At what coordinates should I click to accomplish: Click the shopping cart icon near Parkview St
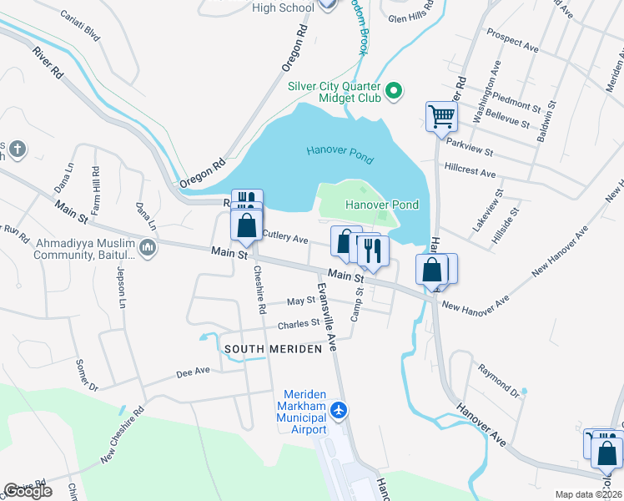coord(441,116)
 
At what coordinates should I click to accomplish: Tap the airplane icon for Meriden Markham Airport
coord(339,410)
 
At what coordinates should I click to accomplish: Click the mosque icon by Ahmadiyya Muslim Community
coord(148,249)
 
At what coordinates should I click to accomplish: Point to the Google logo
coord(28,491)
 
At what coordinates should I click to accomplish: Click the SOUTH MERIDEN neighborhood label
coord(271,349)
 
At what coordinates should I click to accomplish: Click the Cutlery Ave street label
coord(285,237)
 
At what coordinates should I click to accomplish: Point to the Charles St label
coord(299,322)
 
